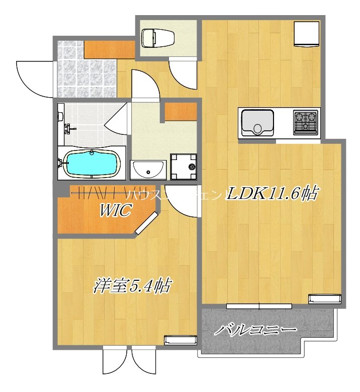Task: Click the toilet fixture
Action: (157, 37)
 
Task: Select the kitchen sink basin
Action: (258, 122)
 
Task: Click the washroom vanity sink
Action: (148, 170)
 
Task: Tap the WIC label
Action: (115, 211)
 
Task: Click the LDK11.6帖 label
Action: (271, 194)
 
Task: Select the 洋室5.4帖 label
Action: (131, 286)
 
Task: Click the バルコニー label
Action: (255, 330)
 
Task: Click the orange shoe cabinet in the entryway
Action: (109, 48)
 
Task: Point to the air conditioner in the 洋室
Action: (180, 340)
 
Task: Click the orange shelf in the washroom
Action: (181, 111)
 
